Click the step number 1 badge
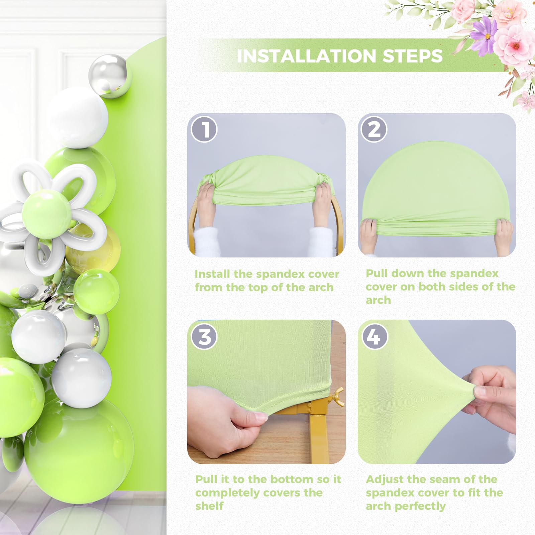coord(204,129)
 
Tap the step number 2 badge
coord(374,129)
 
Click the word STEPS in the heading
coord(413,56)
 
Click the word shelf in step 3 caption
coord(209,506)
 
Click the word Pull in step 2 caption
coord(377,274)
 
